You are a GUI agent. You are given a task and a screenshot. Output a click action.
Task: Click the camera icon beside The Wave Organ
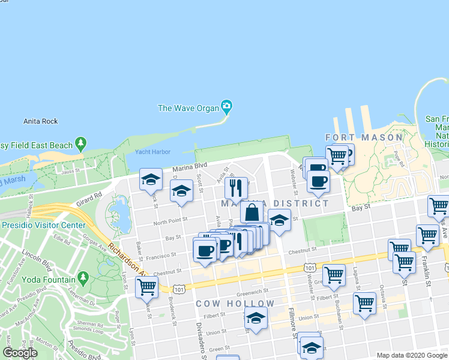point(226,108)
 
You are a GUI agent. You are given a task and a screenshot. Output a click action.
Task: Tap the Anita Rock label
point(41,121)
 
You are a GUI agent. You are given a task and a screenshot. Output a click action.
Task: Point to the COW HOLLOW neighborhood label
point(235,304)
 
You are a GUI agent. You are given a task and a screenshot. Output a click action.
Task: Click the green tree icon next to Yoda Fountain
point(83,279)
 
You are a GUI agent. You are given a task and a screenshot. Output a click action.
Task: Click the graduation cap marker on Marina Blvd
point(151,179)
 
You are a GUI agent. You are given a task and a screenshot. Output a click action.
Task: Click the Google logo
point(20,353)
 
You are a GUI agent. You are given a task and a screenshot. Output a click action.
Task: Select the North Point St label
point(171,221)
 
